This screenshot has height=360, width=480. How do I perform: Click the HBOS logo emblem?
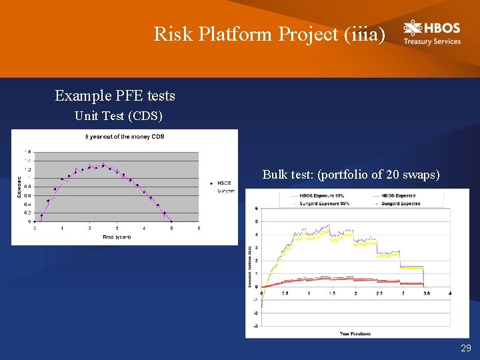(x=413, y=28)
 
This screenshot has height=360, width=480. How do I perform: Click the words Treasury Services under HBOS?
(x=432, y=41)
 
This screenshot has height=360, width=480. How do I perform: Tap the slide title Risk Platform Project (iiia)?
(x=269, y=33)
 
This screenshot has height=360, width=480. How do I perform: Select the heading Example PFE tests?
(x=115, y=96)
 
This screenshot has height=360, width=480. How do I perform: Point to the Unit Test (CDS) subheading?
(x=118, y=116)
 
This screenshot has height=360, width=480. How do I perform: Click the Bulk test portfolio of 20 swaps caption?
(x=351, y=175)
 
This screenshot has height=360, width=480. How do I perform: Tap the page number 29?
(x=465, y=349)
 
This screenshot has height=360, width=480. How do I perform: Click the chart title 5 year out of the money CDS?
(x=124, y=137)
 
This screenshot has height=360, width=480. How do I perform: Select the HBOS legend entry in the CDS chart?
(x=224, y=183)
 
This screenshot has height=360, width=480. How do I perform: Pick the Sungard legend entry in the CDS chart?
(x=225, y=191)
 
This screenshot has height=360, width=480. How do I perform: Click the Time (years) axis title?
(x=117, y=237)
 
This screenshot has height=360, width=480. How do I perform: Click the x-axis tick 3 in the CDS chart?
(x=117, y=229)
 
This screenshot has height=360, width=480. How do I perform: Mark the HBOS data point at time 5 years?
(x=171, y=221)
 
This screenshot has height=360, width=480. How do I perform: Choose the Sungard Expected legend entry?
(x=400, y=203)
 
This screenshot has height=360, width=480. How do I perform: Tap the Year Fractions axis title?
(x=355, y=333)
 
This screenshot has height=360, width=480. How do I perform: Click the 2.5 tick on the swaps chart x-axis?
(x=379, y=293)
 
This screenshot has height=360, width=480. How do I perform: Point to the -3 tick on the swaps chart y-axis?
(x=257, y=326)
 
